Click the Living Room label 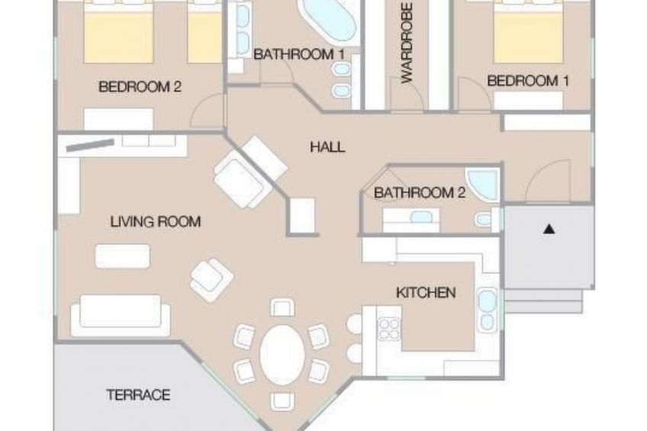point(156,221)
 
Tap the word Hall point(327,146)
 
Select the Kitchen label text point(426,292)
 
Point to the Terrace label point(138,394)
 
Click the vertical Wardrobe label point(407,43)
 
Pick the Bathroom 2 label point(420,192)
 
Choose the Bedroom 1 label point(528,80)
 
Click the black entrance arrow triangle point(549,229)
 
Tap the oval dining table point(282,354)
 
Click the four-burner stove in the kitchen point(389,329)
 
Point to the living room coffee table point(123,256)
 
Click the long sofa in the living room point(121,315)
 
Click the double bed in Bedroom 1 point(528,32)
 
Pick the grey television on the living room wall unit point(90,145)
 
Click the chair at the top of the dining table point(282,308)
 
